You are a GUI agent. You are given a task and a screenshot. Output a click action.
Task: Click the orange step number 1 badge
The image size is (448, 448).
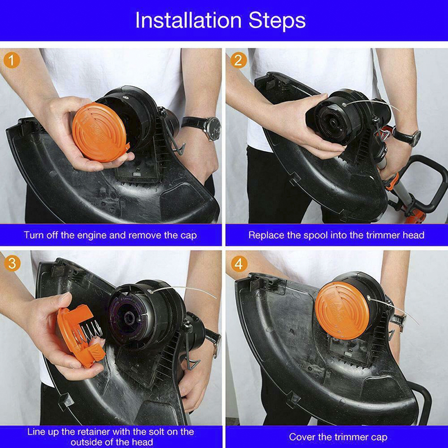(12, 60)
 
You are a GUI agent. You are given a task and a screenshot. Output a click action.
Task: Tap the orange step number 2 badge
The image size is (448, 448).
(239, 60)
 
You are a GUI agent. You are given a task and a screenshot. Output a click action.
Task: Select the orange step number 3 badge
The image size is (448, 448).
(12, 263)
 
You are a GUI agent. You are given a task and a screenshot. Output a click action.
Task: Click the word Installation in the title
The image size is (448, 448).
(188, 20)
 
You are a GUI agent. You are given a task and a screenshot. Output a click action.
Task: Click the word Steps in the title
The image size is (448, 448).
(277, 21)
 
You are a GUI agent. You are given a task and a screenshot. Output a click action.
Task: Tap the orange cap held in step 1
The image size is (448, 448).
(100, 132)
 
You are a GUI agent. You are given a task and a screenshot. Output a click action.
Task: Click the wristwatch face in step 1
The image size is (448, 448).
(214, 128)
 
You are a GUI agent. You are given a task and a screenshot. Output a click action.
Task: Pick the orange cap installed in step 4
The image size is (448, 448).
(343, 310)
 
